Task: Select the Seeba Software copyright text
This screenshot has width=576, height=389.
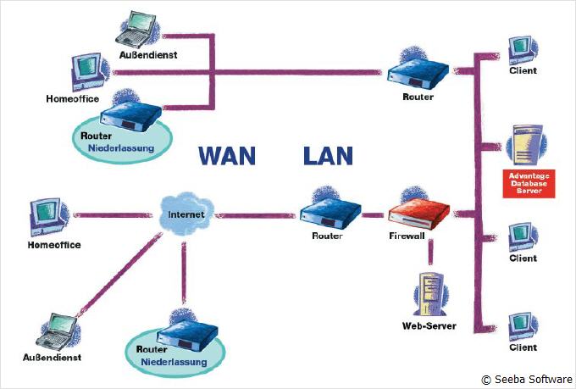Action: tap(526, 380)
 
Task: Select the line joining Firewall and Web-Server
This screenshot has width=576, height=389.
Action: tap(430, 252)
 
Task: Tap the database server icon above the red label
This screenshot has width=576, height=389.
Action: tap(523, 146)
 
